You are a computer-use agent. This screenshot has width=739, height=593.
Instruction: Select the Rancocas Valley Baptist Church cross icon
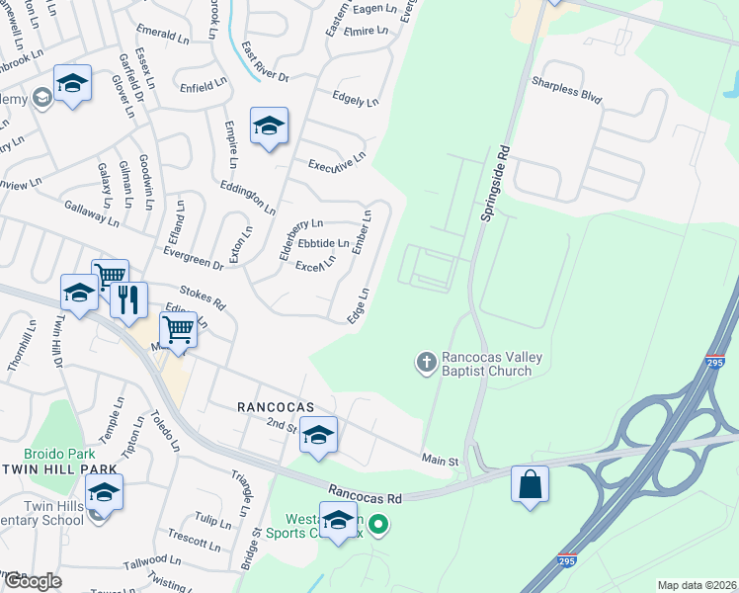tap(427, 363)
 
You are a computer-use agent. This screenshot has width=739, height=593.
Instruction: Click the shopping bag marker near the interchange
tap(531, 484)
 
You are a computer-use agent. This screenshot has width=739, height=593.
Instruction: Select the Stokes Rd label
tap(204, 294)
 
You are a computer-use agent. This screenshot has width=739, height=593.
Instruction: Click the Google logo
tap(32, 581)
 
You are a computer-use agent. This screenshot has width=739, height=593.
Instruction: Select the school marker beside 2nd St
tap(318, 435)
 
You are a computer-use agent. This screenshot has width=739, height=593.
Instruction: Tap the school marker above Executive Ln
tap(269, 126)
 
